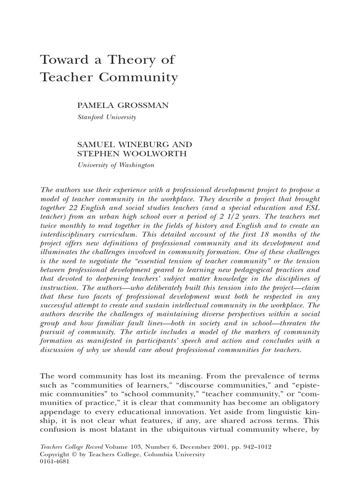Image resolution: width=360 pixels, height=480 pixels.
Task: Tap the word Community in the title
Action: pos(141,77)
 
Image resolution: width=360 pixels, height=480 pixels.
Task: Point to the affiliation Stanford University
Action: pos(106,117)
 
